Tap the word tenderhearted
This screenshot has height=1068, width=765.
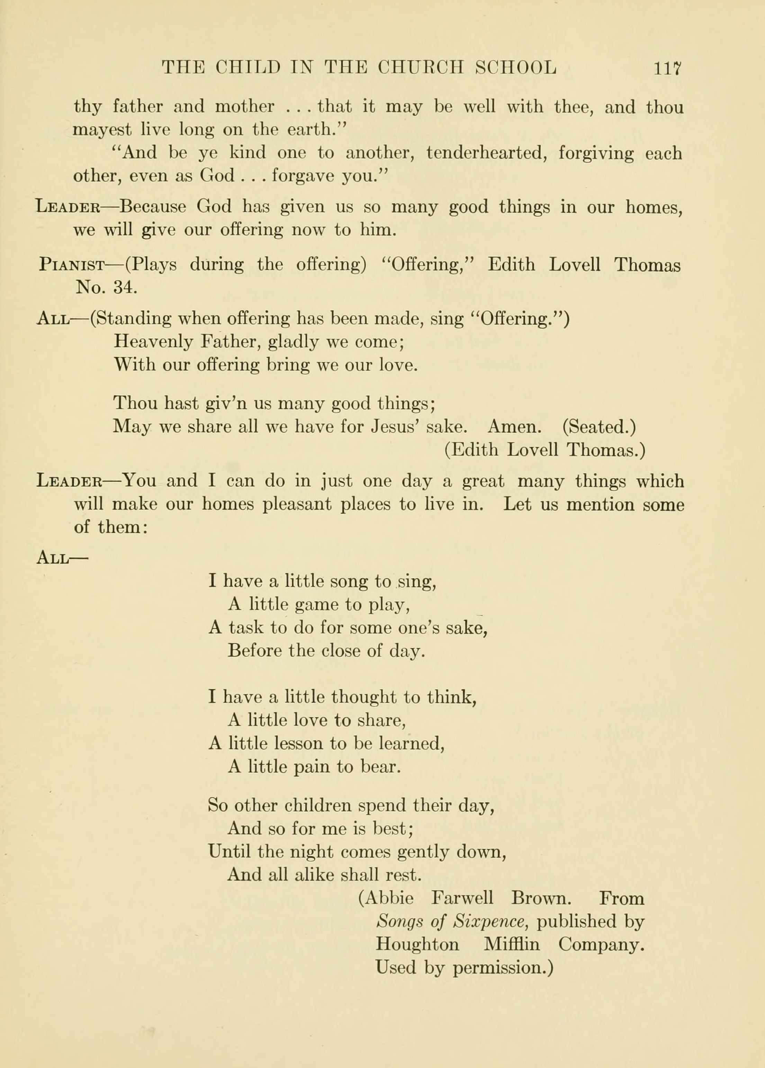486,153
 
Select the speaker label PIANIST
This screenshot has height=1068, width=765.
72,265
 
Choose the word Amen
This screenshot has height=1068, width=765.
514,427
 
